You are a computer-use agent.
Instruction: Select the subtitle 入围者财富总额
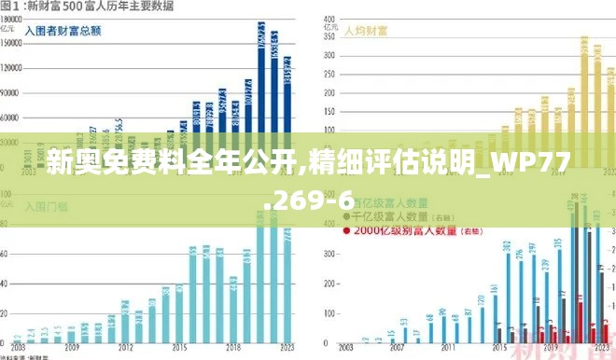pyautogui.click(x=63, y=31)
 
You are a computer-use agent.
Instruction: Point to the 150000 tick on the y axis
pyautogui.click(x=11, y=43)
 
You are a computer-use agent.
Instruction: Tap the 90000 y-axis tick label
pyautogui.click(x=11, y=94)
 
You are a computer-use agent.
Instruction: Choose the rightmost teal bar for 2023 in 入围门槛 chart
pyautogui.click(x=287, y=280)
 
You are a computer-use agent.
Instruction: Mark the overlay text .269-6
pyautogui.click(x=308, y=199)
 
